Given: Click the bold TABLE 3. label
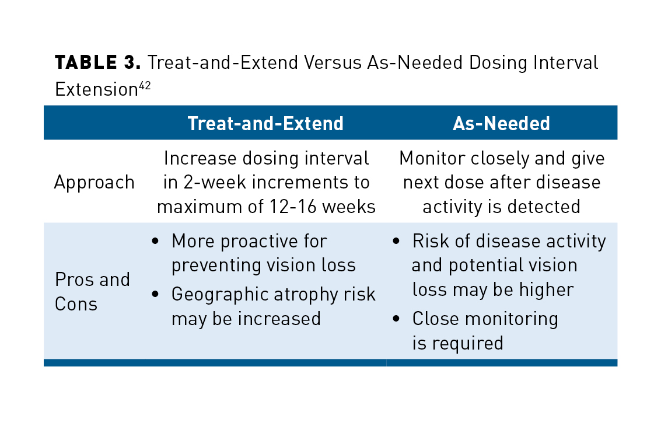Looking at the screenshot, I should [x=98, y=62].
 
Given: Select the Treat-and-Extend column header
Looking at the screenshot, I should [x=265, y=123].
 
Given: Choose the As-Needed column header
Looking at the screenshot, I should [x=502, y=123].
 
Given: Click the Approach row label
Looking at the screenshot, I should [x=94, y=183].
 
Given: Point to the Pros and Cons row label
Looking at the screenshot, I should [x=92, y=291].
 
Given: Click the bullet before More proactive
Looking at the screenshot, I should [x=156, y=241].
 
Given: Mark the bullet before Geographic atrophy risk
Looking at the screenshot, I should [x=156, y=295].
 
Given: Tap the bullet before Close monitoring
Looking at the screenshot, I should [x=397, y=319].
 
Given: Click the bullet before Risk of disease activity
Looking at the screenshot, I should [x=397, y=241].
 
